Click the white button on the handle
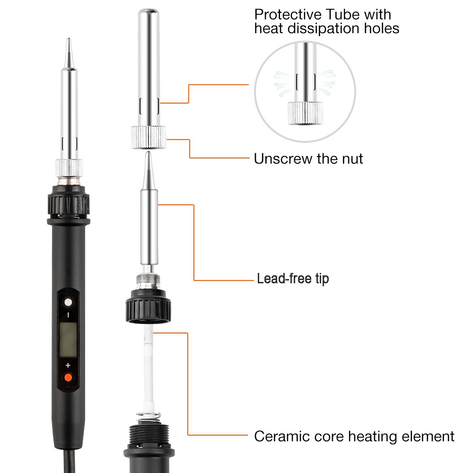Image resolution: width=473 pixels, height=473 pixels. pyautogui.click(x=69, y=302)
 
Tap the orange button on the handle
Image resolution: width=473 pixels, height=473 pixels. pyautogui.click(x=69, y=377)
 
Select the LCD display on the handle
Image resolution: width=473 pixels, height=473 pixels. pyautogui.click(x=68, y=340)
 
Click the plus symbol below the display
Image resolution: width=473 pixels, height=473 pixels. pyautogui.click(x=68, y=365)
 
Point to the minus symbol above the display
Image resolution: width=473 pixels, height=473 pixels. pyautogui.click(x=69, y=315)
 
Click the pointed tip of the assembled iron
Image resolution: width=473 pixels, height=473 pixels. pyautogui.click(x=69, y=39)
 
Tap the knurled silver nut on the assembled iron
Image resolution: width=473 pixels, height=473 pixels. pyautogui.click(x=69, y=168)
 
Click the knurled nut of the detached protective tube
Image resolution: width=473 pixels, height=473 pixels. pyautogui.click(x=149, y=138)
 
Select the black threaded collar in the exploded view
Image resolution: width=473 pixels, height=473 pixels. pyautogui.click(x=149, y=306)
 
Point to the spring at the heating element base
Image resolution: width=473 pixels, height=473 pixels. pyautogui.click(x=149, y=418)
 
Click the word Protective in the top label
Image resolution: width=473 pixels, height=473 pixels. pyautogui.click(x=288, y=15)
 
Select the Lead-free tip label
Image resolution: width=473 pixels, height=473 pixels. pyautogui.click(x=293, y=279)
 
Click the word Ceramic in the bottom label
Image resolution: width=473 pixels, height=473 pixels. pyautogui.click(x=282, y=436)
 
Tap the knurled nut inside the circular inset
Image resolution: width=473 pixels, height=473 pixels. pyautogui.click(x=305, y=113)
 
